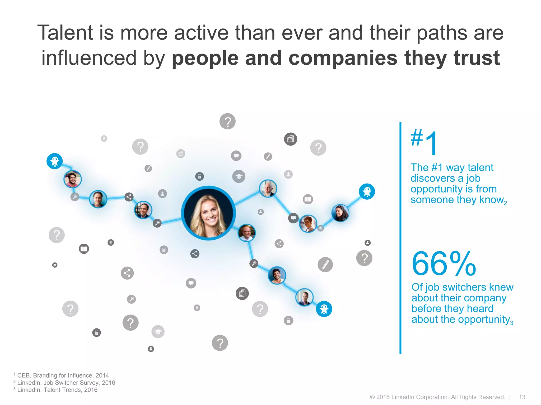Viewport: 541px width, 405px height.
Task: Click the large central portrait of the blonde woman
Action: (x=208, y=213)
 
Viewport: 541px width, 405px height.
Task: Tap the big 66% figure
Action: (x=444, y=264)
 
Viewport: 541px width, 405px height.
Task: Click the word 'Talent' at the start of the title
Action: (x=65, y=33)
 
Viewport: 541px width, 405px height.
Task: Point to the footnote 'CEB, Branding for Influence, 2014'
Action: (x=63, y=375)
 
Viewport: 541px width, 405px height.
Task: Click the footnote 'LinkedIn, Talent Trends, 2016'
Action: (x=57, y=390)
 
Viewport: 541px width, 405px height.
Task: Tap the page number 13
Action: (x=522, y=397)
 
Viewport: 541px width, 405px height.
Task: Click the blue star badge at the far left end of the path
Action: (x=55, y=161)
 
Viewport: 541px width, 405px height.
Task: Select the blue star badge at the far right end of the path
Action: (x=367, y=191)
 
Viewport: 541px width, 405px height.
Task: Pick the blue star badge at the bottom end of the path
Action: (x=324, y=309)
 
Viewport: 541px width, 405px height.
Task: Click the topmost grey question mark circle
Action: (x=227, y=121)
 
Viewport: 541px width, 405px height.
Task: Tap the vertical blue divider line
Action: (x=400, y=237)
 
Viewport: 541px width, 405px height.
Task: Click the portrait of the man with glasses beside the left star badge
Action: (x=73, y=179)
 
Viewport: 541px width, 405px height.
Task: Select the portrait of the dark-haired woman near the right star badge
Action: (x=340, y=213)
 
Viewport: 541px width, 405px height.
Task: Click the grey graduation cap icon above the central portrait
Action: (x=239, y=176)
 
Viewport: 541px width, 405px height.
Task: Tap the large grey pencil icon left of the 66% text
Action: (x=325, y=264)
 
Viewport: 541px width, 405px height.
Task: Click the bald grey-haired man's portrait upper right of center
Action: (x=268, y=188)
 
